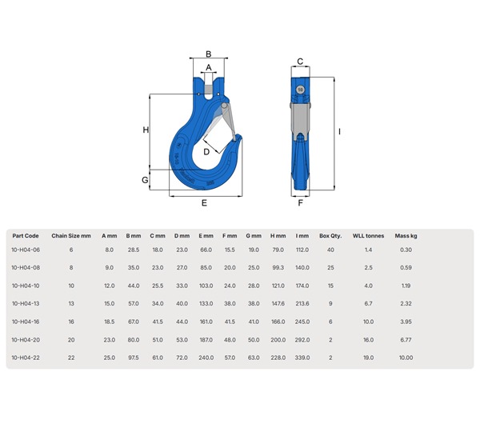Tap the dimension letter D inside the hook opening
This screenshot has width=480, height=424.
206,151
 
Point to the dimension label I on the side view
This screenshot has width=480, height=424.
340,131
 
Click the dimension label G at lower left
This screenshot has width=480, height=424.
145,180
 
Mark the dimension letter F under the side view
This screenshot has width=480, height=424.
300,203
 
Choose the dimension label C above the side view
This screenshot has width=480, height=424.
300,62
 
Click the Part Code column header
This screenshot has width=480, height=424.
26,236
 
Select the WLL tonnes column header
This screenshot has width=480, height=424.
368,236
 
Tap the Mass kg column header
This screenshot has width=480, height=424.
406,236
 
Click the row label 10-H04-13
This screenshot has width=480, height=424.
26,303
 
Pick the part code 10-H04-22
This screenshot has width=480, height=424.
26,357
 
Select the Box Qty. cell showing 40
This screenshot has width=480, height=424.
330,250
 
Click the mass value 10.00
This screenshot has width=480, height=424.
406,357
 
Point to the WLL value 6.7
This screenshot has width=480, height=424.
368,303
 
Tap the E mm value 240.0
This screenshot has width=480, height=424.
206,357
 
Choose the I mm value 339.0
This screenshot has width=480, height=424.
302,357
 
